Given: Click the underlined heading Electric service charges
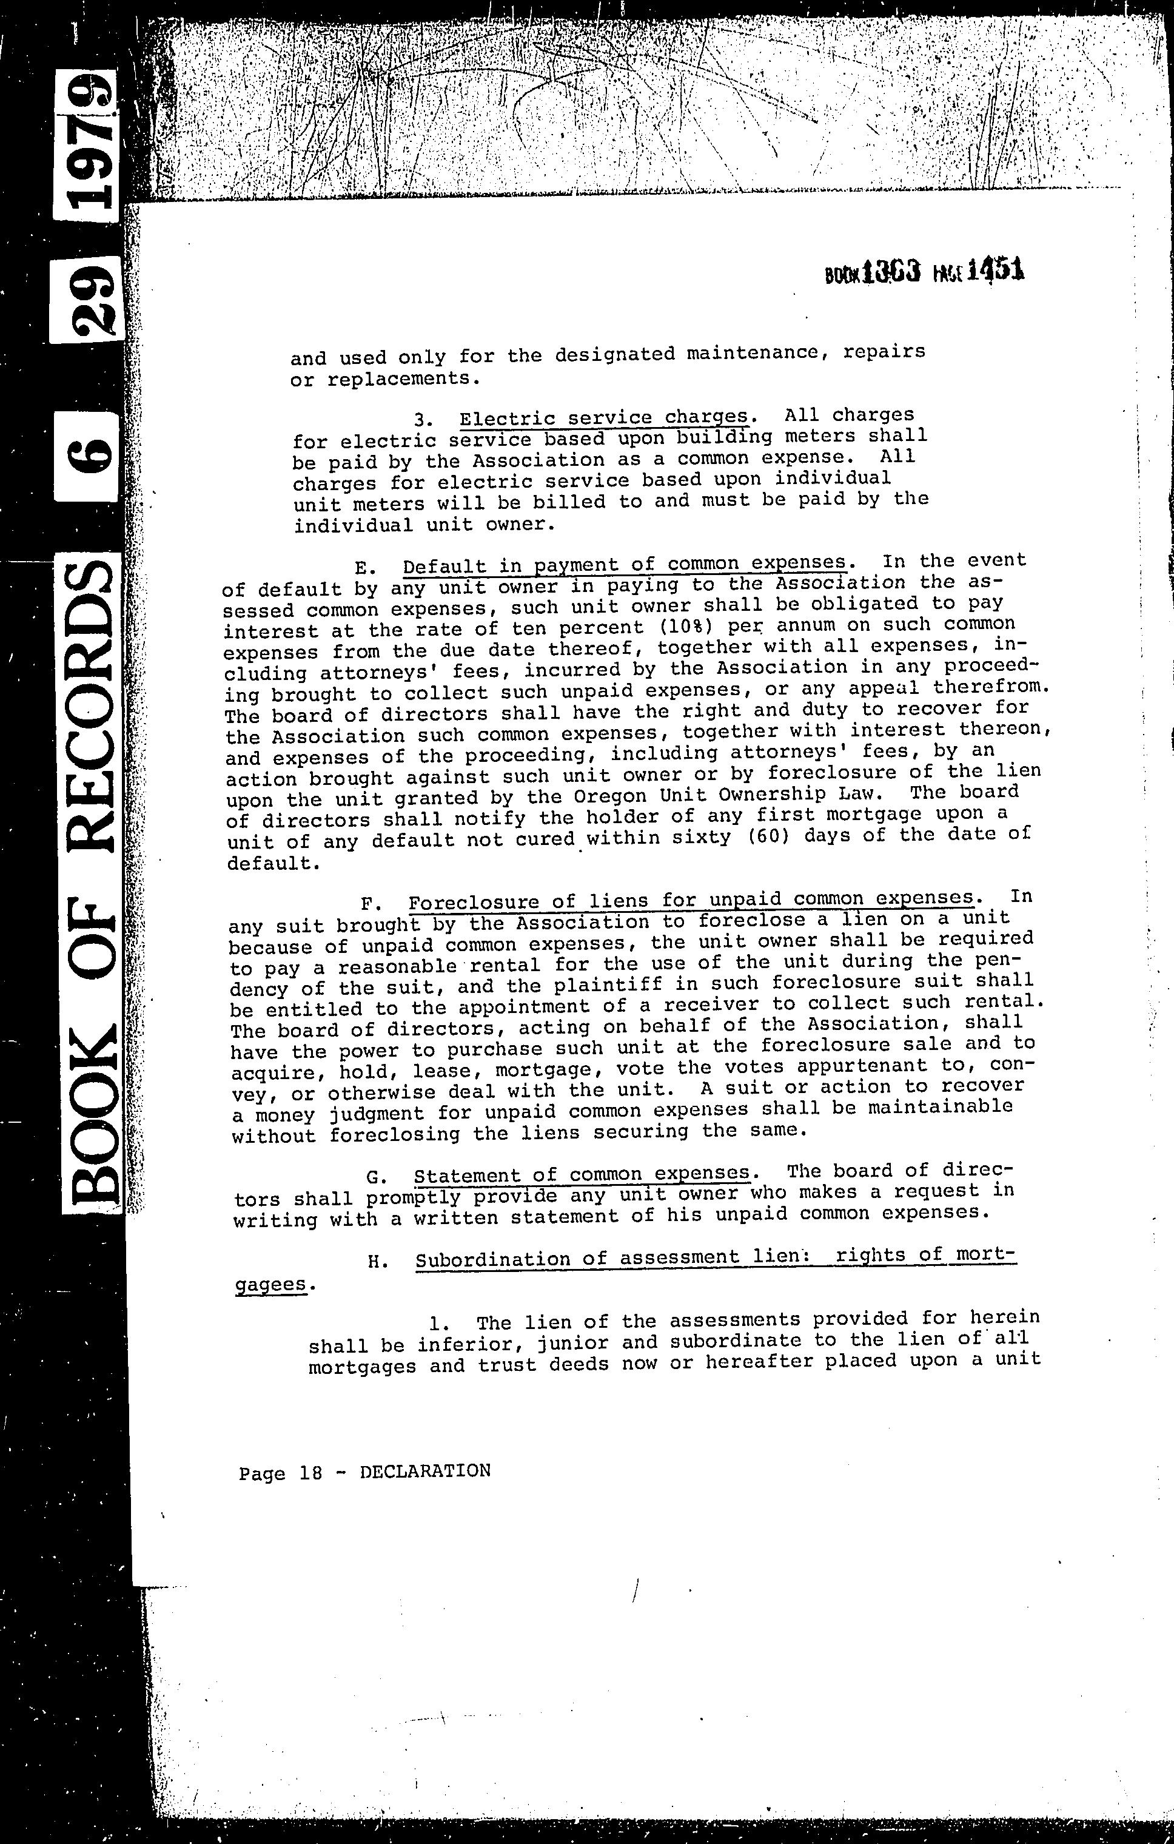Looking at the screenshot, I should (x=603, y=418).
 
